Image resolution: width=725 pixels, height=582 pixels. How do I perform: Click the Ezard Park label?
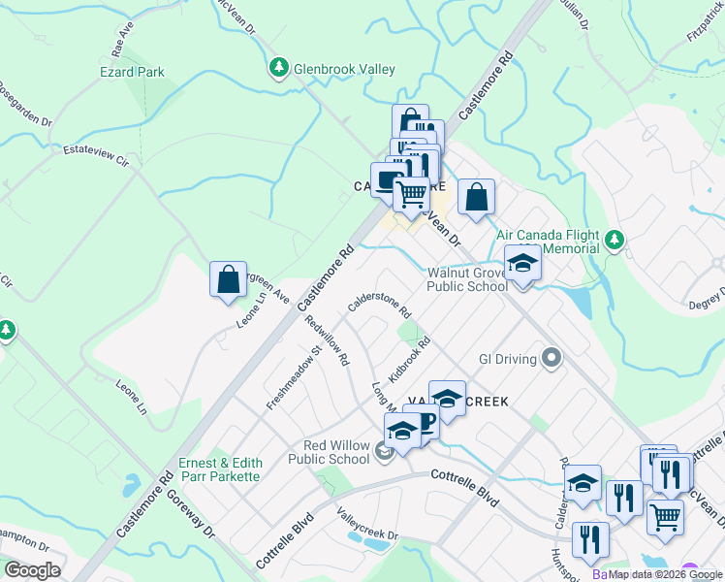tap(132, 72)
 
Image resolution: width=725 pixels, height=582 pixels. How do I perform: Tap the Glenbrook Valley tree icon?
tap(279, 67)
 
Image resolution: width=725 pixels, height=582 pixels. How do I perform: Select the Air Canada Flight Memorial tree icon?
tap(613, 240)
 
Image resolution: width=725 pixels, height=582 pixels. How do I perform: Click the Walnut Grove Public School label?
tap(468, 279)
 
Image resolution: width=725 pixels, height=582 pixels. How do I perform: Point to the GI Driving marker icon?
tap(552, 359)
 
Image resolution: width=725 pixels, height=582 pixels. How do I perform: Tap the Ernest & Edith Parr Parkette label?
tap(219, 469)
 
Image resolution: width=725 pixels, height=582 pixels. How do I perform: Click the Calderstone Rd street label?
tap(380, 307)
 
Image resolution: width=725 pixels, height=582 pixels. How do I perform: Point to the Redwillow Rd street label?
tap(327, 340)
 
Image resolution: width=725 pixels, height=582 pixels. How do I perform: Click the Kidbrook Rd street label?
tap(409, 360)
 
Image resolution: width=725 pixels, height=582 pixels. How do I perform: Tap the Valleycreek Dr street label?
tap(367, 524)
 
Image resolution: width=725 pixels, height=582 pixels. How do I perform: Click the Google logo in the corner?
tap(32, 570)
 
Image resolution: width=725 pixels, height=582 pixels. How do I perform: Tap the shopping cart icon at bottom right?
tap(665, 516)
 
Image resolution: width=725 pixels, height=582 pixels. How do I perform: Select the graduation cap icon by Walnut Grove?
tap(522, 265)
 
